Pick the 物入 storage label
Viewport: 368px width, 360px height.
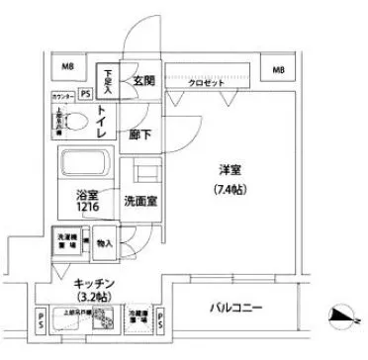tap(106, 241)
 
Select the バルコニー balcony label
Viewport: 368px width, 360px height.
tap(235, 308)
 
